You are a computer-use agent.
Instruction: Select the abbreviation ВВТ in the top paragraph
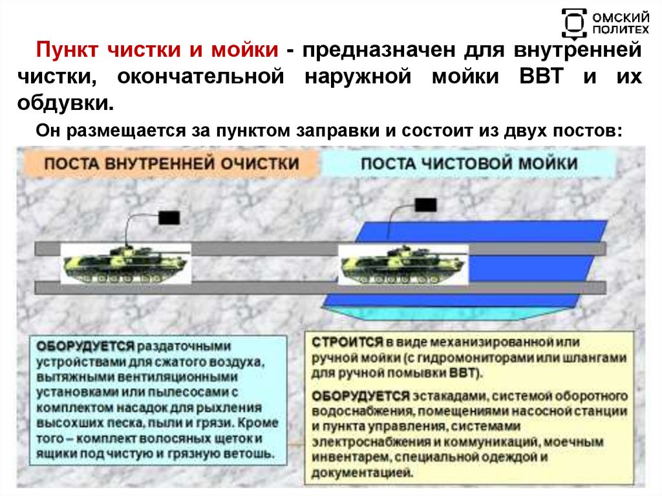coord(543,78)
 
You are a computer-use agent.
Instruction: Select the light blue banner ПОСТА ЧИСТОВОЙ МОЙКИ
coord(469,163)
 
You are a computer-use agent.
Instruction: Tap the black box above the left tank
coord(169,217)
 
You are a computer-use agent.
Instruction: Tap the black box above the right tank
coord(425,206)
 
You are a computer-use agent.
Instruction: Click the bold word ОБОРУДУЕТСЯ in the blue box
coord(85,346)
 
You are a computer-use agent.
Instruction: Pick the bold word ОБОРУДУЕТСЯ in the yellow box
coord(360,395)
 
